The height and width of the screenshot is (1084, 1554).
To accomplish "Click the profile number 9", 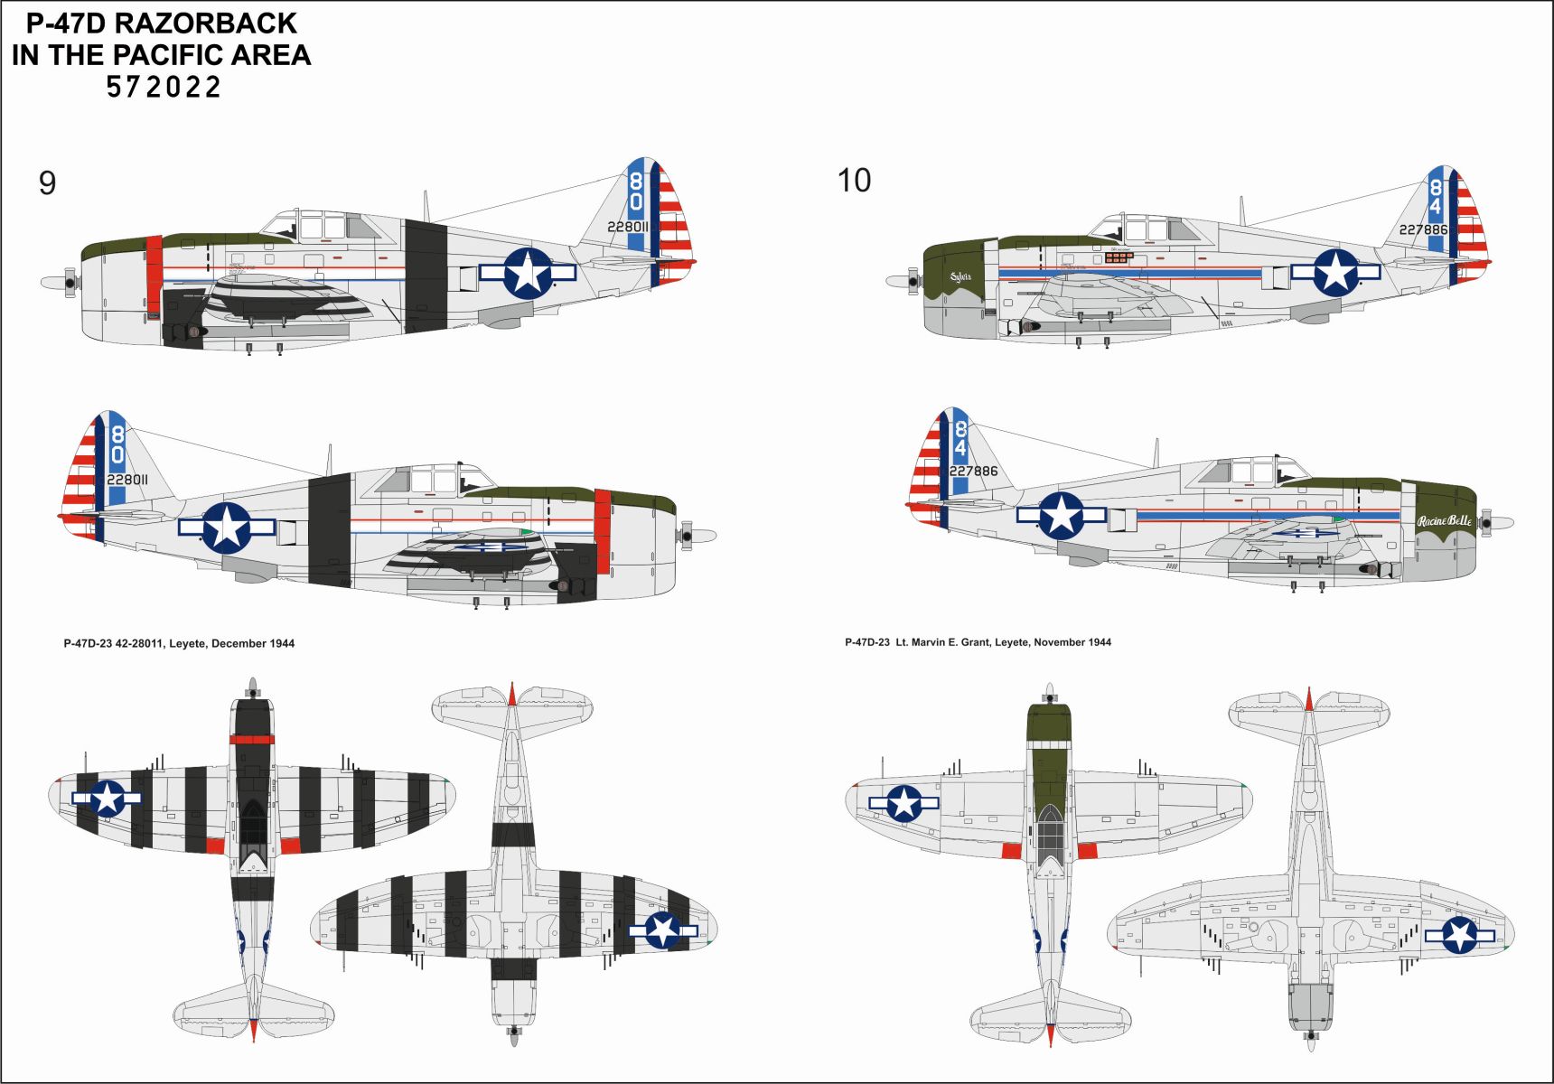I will (x=47, y=183).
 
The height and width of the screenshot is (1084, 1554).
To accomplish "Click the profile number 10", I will (x=854, y=181).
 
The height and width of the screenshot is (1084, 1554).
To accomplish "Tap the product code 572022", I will (x=164, y=88).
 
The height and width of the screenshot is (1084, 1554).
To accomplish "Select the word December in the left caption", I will (x=239, y=644).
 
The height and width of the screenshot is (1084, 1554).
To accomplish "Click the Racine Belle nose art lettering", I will (x=1444, y=521).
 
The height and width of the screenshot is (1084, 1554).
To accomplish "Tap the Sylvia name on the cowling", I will (x=960, y=277).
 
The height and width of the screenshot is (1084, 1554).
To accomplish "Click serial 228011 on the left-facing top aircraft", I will (x=628, y=227).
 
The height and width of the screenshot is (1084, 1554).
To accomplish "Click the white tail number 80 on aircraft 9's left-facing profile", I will (x=636, y=192).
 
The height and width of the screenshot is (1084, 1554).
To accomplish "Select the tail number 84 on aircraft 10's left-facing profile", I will (x=1435, y=198).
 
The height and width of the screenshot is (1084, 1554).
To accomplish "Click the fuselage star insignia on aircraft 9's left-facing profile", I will (x=528, y=273).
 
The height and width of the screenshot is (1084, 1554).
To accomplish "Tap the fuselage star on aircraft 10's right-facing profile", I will (x=1061, y=516).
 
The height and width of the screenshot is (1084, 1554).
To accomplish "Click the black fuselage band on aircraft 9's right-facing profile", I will (x=329, y=530).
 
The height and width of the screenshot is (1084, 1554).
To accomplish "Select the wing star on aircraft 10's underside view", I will (x=1459, y=936).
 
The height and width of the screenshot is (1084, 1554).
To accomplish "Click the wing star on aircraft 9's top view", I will (x=107, y=798).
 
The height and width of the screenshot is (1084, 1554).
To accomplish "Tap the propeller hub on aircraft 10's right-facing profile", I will (x=1487, y=523).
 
